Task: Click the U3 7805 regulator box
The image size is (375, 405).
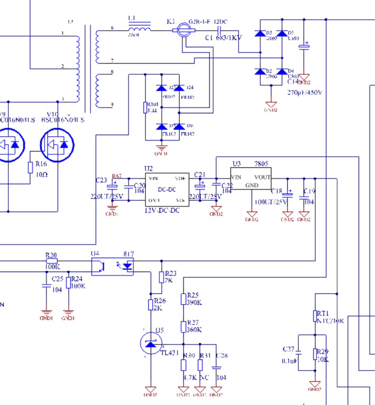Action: (251, 178)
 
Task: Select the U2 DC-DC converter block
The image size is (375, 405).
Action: (167, 189)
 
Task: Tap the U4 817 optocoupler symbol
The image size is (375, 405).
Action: (112, 266)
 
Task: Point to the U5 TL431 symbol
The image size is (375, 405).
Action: (151, 343)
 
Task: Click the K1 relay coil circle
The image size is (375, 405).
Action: (183, 29)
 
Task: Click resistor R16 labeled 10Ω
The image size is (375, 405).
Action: (30, 167)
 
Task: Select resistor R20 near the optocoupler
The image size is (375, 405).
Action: (51, 261)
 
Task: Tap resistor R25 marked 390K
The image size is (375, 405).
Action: (183, 299)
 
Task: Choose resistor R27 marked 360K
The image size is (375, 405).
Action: (183, 327)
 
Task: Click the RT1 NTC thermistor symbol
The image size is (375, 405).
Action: (315, 316)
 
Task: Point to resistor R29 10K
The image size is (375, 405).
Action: (315, 354)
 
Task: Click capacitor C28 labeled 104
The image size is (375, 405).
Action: (216, 367)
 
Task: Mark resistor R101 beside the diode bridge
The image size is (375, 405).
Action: (146, 107)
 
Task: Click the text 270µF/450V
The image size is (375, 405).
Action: (305, 93)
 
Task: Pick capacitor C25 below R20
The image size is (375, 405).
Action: (46, 285)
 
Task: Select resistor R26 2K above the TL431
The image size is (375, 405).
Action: (150, 305)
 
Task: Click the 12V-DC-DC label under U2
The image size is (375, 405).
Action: (162, 211)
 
